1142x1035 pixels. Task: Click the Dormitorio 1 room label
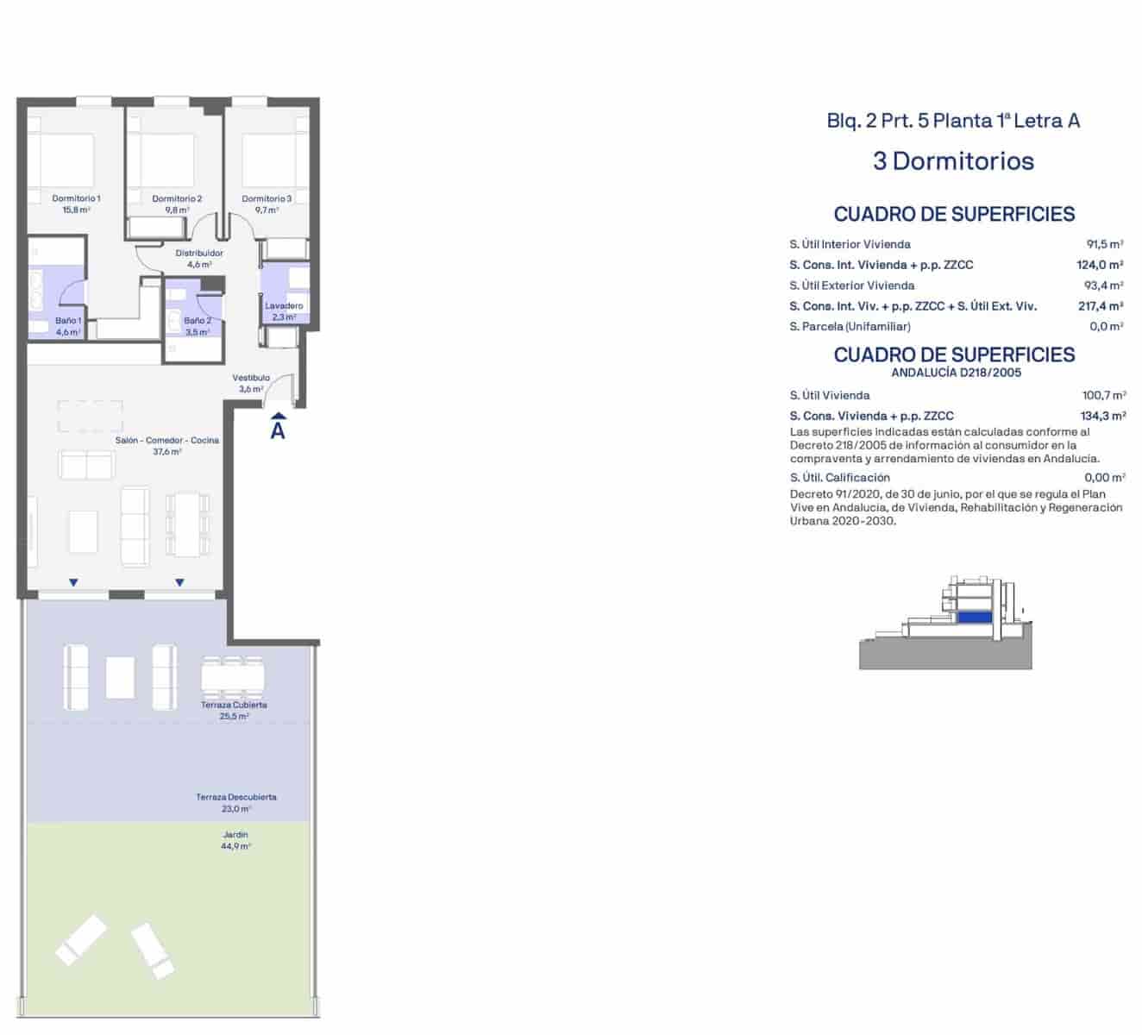[x=76, y=198]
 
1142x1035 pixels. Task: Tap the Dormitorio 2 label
[x=177, y=198]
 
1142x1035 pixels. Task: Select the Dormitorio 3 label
[x=267, y=198]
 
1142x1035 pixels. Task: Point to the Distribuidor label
[x=199, y=253]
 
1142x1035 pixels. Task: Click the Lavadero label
[x=284, y=305]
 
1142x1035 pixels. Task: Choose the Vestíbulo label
[x=251, y=378]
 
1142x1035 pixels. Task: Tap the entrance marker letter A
[x=278, y=431]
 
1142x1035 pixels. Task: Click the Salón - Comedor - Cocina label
[x=166, y=440]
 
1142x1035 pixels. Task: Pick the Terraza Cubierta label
[x=234, y=705]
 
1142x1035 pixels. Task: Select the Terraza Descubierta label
[x=236, y=797]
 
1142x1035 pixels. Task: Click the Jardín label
[x=235, y=835]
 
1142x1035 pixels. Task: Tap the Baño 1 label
[x=68, y=321]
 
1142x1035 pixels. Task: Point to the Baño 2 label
[x=198, y=321]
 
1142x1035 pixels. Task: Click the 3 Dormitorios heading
[x=954, y=161]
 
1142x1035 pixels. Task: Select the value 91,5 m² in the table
[x=1105, y=244]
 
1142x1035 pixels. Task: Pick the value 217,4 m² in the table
[x=1101, y=306]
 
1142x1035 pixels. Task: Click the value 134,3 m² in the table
[x=1103, y=417]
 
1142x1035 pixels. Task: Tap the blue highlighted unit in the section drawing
[x=975, y=618]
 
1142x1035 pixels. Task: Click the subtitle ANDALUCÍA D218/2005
[x=957, y=373]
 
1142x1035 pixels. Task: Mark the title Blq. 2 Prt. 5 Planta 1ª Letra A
[x=954, y=121]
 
